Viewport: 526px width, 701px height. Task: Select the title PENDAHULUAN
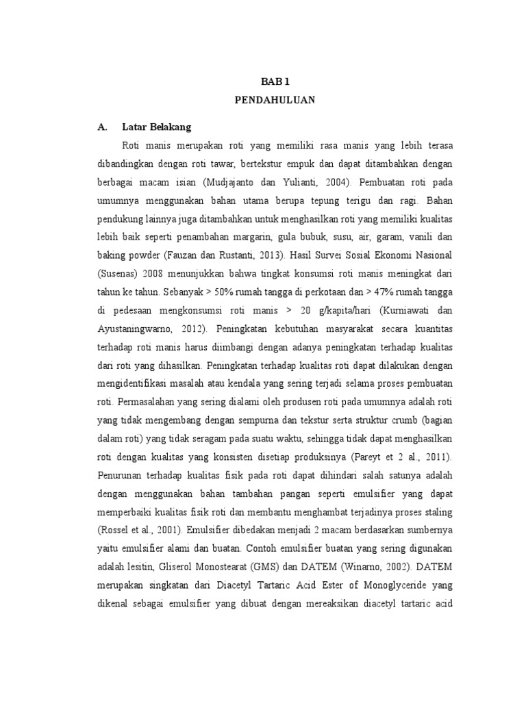(275, 100)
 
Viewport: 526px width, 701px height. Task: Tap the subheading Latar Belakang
(156, 127)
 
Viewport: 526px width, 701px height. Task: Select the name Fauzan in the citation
(197, 254)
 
